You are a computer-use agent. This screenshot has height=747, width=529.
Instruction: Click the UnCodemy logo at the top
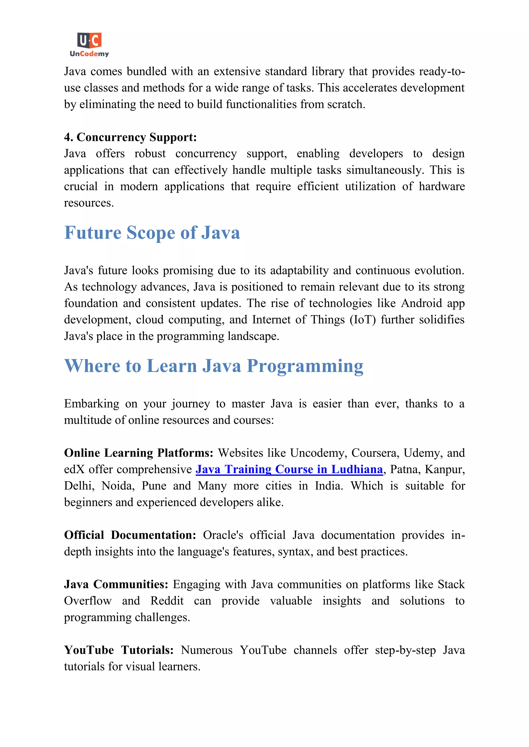click(89, 45)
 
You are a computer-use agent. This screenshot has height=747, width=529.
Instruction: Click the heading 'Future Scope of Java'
click(152, 233)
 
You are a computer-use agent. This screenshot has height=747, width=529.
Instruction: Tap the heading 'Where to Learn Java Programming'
click(214, 366)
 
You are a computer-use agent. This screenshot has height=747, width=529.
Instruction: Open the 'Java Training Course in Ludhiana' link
click(289, 469)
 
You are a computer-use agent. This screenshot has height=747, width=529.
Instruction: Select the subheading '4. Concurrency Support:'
click(130, 137)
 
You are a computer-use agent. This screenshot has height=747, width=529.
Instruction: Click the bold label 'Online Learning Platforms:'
click(138, 453)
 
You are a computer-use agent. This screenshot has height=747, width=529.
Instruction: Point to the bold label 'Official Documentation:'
click(130, 535)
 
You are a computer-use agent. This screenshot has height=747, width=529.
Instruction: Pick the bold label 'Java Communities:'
click(116, 584)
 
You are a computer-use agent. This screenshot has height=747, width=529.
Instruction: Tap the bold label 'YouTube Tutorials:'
click(119, 650)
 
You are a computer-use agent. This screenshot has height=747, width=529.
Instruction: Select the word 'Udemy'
click(422, 453)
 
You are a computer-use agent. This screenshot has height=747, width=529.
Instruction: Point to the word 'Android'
click(421, 303)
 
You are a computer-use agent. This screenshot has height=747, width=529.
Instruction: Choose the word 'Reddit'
click(167, 601)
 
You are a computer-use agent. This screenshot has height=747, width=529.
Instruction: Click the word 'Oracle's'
click(223, 535)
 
